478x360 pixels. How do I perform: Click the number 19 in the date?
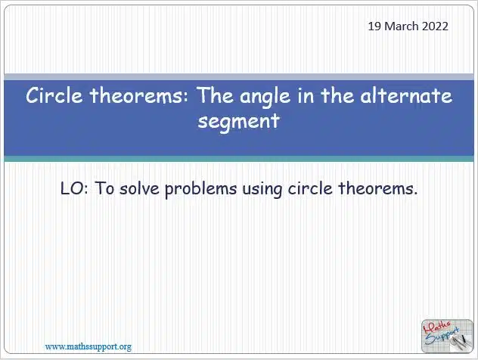pyautogui.click(x=374, y=26)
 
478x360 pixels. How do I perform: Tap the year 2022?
pyautogui.click(x=435, y=26)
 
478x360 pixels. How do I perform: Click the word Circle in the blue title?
pyautogui.click(x=54, y=95)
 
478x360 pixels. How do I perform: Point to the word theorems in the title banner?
pyautogui.click(x=140, y=95)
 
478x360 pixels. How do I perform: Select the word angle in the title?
pyautogui.click(x=265, y=97)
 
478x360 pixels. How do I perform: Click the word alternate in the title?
pyautogui.click(x=406, y=95)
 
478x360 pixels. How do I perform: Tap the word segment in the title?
pyautogui.click(x=239, y=122)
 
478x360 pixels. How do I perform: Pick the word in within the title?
pyautogui.click(x=306, y=96)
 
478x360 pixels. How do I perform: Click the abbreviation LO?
pyautogui.click(x=74, y=188)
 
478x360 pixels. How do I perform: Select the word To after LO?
pyautogui.click(x=104, y=188)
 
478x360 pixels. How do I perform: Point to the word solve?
pyautogui.click(x=140, y=188)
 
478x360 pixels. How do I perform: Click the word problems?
pyautogui.click(x=201, y=189)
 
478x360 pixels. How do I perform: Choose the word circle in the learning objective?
pyautogui.click(x=310, y=188)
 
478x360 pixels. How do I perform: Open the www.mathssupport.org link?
pyautogui.click(x=88, y=347)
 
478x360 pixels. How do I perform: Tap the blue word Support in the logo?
pyautogui.click(x=442, y=336)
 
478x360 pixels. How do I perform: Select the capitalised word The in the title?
pyautogui.click(x=215, y=95)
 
